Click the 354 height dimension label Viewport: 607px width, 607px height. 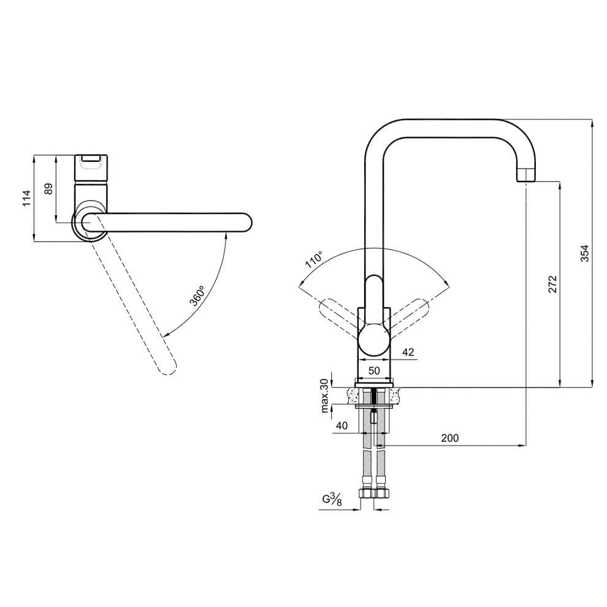tap(584, 253)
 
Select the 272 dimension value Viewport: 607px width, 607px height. tap(552, 284)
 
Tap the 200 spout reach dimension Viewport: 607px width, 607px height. tap(450, 438)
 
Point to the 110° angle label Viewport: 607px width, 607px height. tap(314, 260)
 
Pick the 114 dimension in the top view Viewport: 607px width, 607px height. tap(26, 198)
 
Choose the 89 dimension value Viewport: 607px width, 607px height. tap(48, 189)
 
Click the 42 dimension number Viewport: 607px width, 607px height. tap(408, 352)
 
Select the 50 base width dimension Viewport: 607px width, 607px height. tap(374, 371)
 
